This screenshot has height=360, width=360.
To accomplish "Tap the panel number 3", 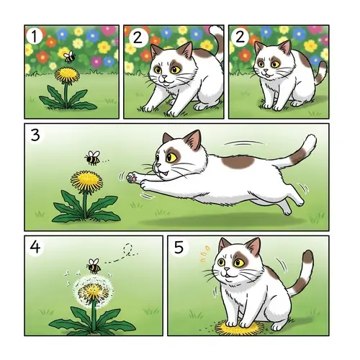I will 35,133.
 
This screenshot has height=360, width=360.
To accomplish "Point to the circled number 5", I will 180,246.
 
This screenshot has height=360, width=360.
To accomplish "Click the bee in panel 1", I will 69,56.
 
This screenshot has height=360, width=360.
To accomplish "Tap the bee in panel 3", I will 92,157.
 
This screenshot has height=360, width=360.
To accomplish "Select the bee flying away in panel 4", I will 94,266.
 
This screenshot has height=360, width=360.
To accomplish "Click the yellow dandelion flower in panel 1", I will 67,73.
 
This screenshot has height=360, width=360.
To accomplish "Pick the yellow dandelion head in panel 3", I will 86,180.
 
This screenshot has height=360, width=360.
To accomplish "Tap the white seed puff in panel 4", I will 92,292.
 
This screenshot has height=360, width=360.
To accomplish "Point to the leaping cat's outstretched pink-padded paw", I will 131,175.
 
